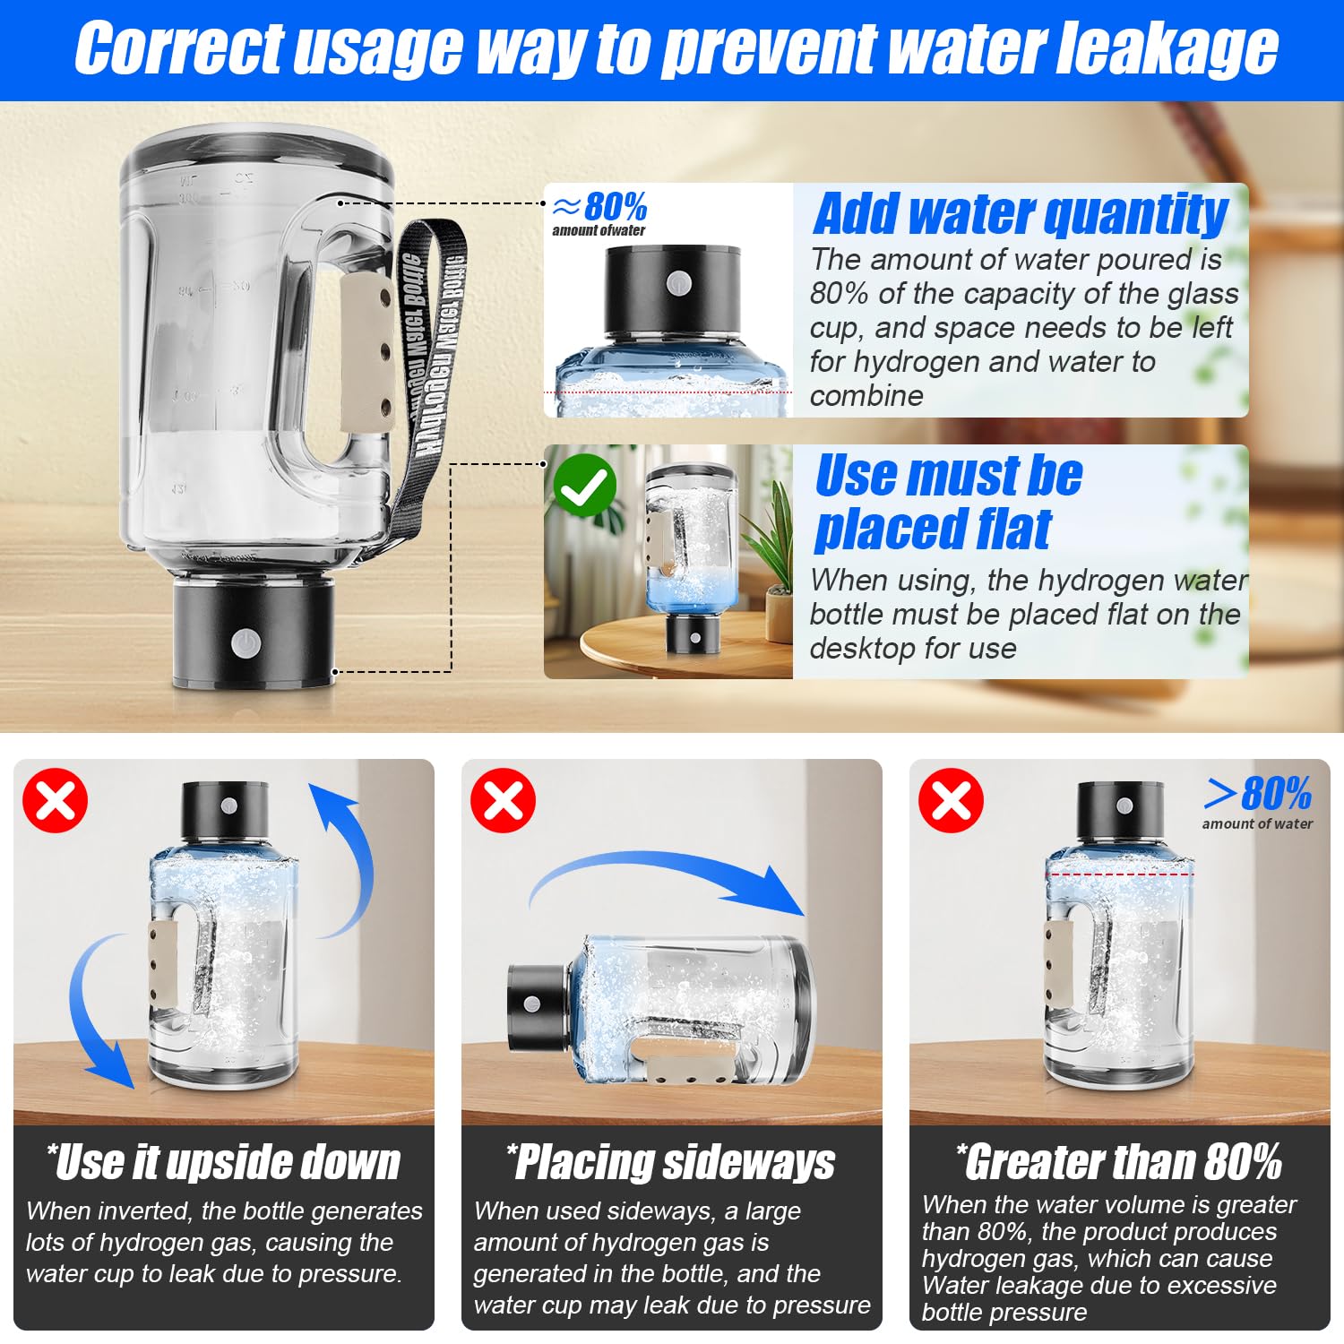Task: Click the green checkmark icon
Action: [x=584, y=485]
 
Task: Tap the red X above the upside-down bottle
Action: [x=56, y=800]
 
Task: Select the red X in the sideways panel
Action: [x=504, y=800]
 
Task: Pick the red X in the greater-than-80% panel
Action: [x=952, y=800]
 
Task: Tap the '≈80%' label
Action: [x=599, y=207]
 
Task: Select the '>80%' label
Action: [x=1258, y=793]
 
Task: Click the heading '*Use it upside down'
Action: [x=223, y=1162]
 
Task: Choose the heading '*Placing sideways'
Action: [x=670, y=1162]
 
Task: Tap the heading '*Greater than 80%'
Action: [x=1119, y=1161]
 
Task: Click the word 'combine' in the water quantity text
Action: [x=866, y=395]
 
